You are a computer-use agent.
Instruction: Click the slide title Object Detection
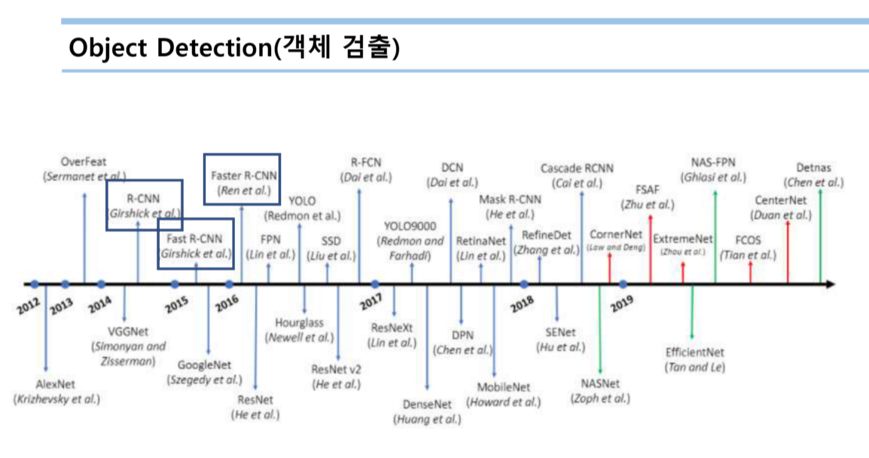tap(233, 47)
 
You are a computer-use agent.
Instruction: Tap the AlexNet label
tap(56, 385)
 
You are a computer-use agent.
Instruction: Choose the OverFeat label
tap(84, 162)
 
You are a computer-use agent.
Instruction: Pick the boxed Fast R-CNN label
tap(196, 240)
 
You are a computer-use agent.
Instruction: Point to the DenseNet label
tap(427, 405)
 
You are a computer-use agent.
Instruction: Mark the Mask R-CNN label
tap(510, 200)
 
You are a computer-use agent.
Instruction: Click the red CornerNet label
tap(615, 234)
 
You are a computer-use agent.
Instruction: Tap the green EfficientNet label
tap(694, 352)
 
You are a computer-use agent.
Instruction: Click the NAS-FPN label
tap(712, 163)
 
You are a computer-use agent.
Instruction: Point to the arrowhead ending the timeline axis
tap(830, 285)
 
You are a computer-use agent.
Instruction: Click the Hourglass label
tap(298, 323)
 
